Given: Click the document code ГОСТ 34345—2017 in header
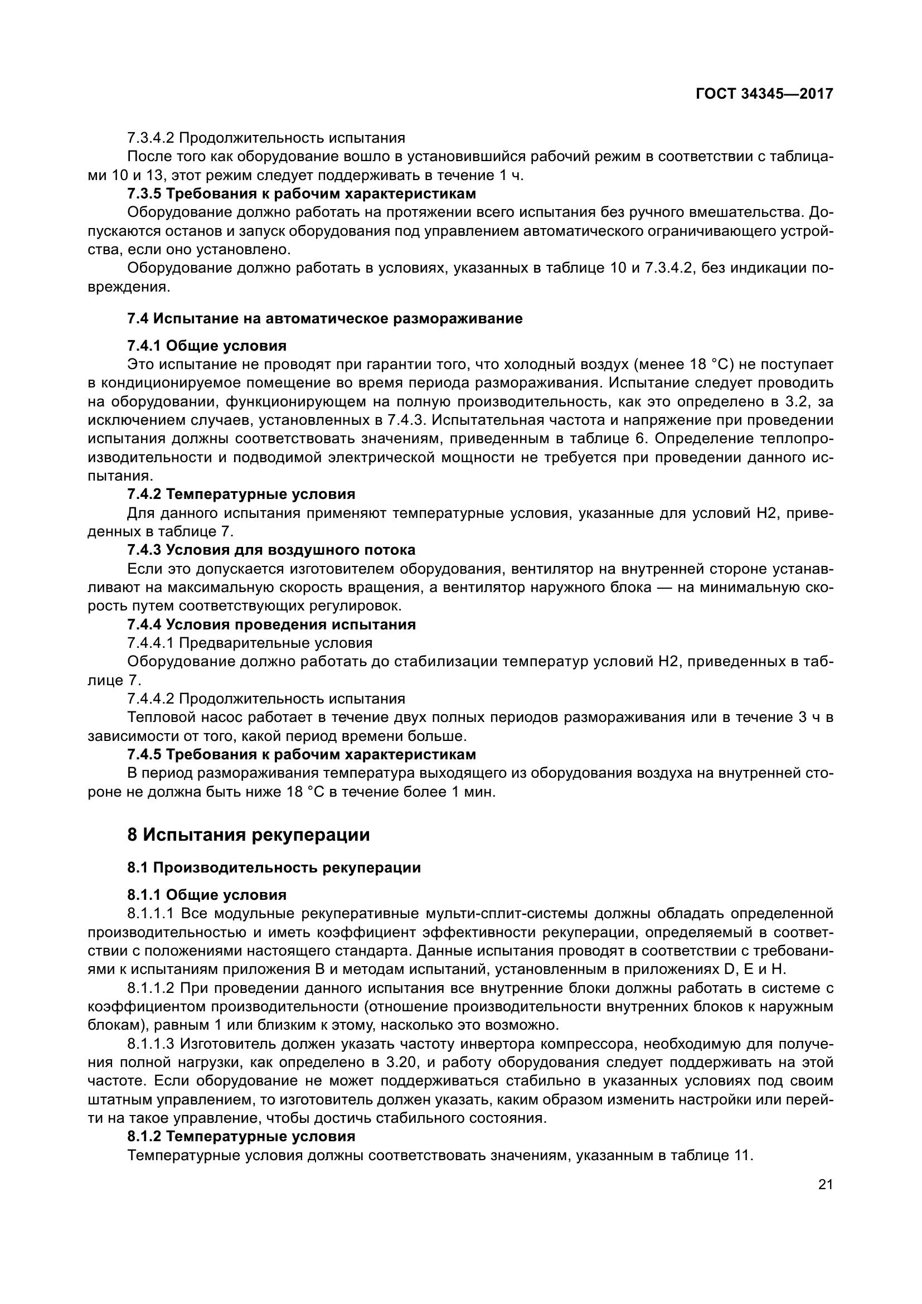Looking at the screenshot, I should coord(764,94).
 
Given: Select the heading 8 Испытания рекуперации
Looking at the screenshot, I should coord(248,835).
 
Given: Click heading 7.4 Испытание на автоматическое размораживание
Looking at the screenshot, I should coord(325,319).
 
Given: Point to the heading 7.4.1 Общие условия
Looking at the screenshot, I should coord(207,346).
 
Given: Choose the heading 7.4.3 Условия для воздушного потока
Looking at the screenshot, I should coord(271,550).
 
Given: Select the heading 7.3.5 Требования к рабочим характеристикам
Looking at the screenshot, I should coord(302,193).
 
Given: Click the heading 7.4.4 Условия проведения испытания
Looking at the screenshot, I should coord(271,625).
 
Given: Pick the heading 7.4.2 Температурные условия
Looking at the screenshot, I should coord(241,494).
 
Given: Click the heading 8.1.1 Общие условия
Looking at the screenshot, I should coord(207,896).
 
